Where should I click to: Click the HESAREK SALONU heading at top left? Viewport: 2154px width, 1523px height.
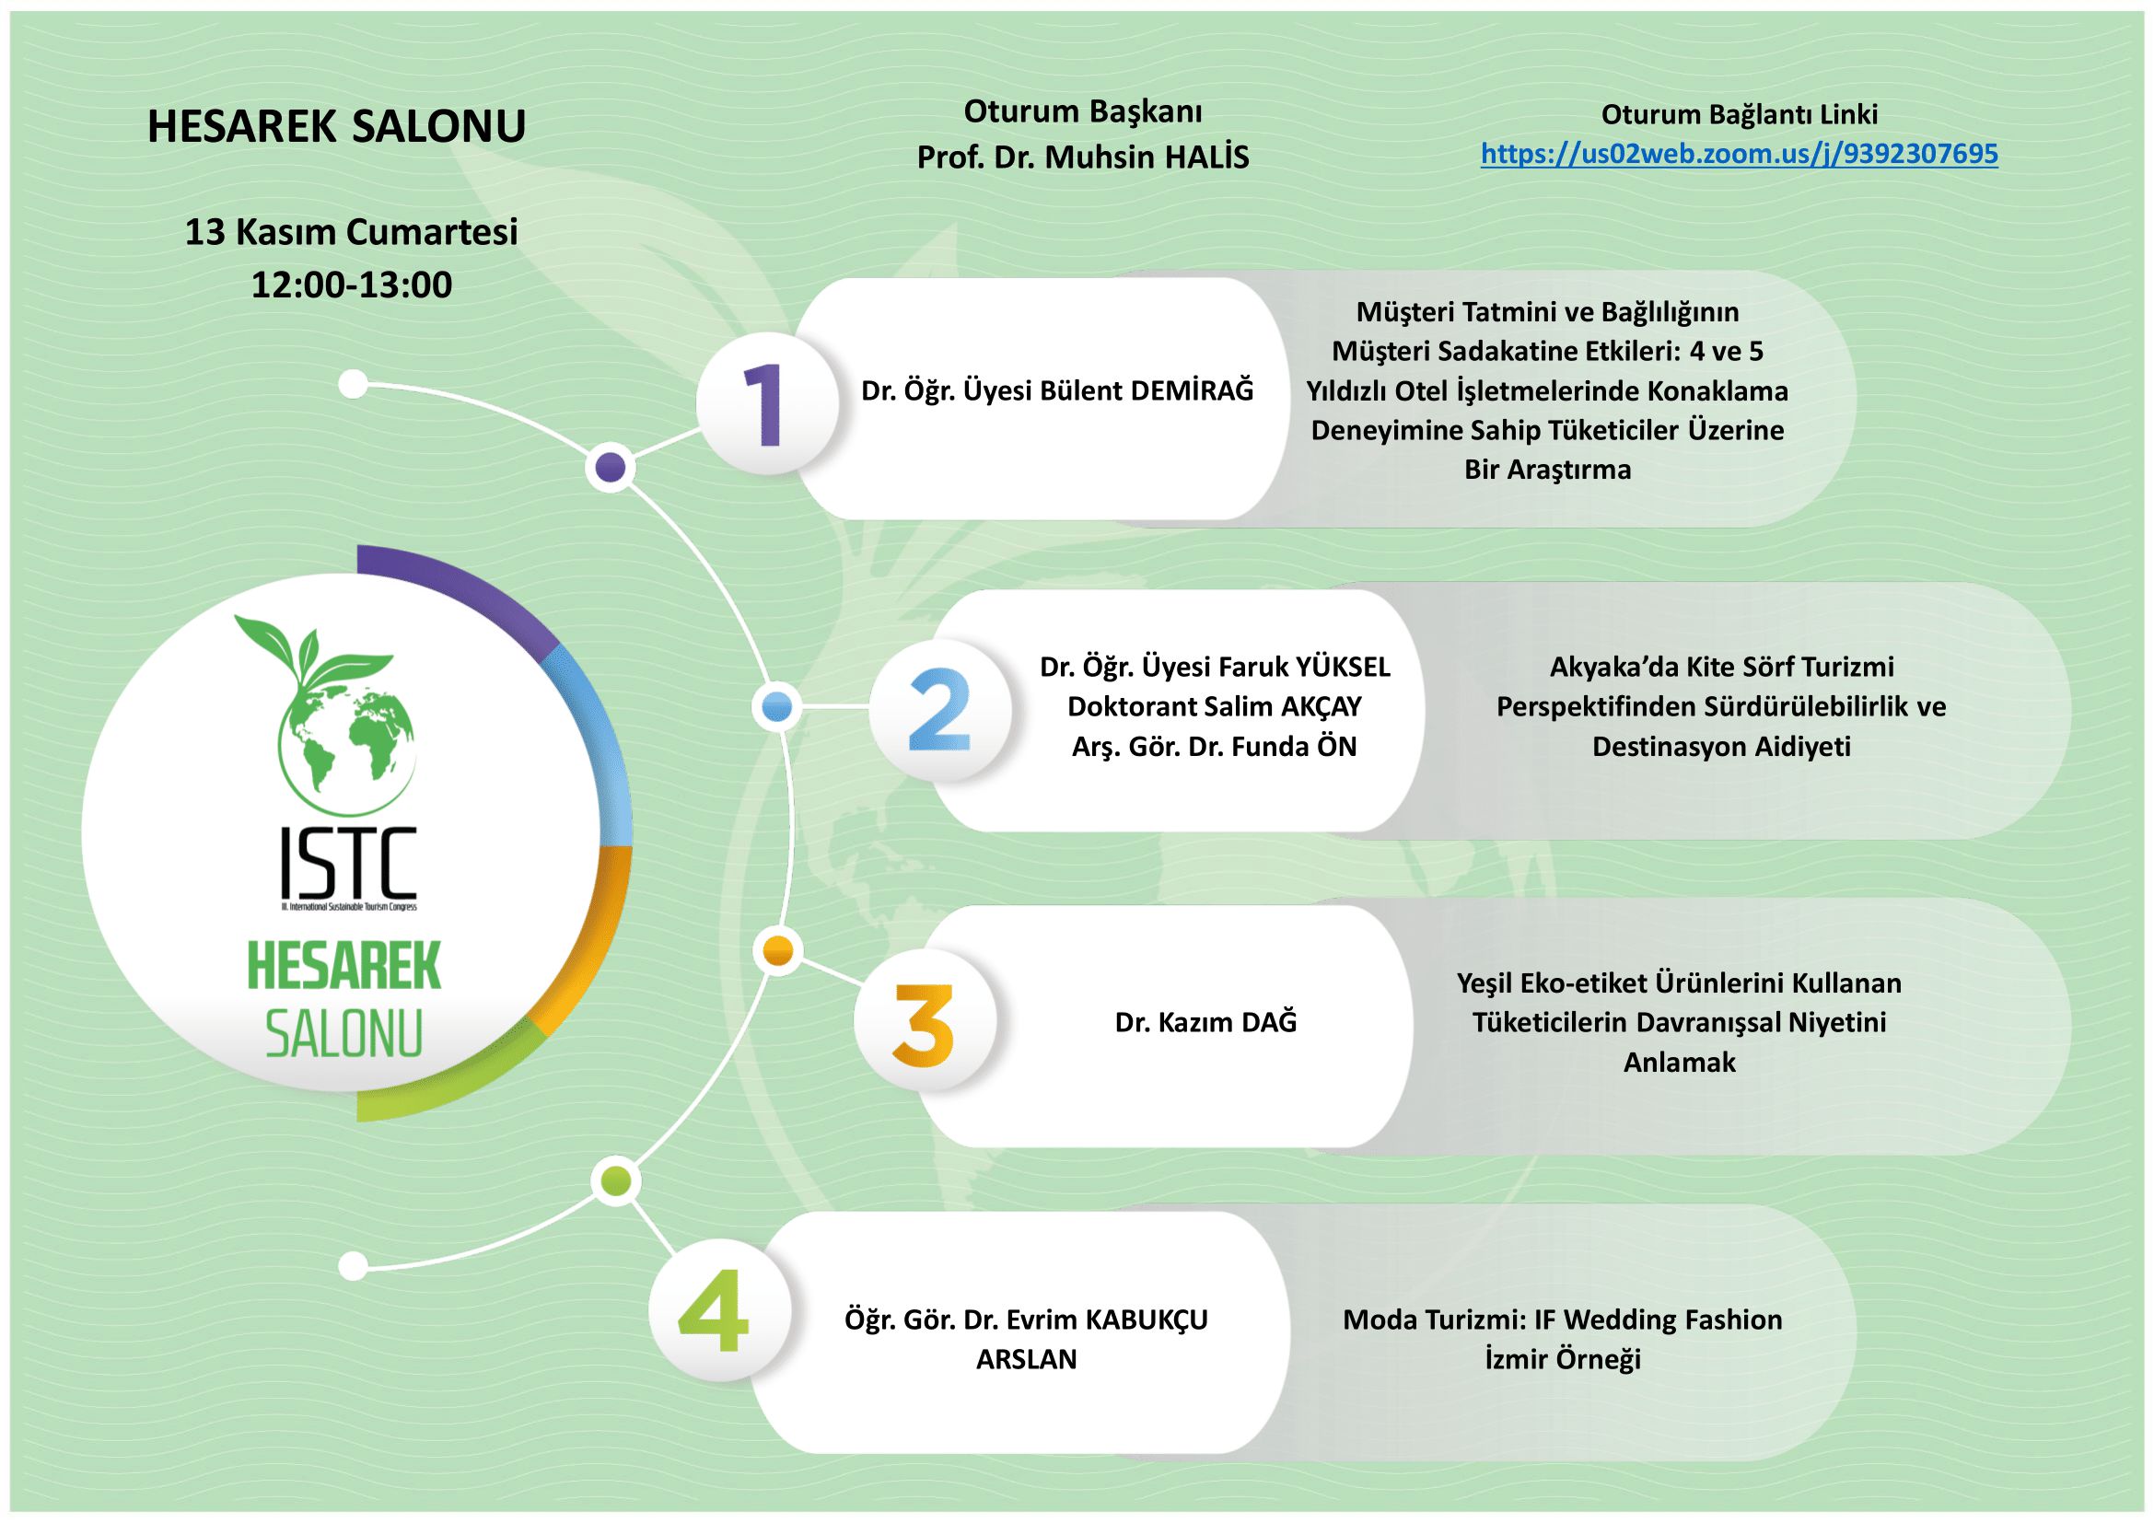(336, 126)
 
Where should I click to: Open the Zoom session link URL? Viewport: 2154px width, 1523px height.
(1739, 154)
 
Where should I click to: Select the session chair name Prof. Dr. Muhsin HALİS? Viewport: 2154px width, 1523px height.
(1083, 157)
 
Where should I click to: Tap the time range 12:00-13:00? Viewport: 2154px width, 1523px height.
(351, 285)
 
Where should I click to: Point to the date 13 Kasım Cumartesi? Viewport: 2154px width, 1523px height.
(351, 232)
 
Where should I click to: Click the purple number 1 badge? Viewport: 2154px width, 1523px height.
(768, 403)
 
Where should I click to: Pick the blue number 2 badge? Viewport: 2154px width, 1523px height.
(939, 710)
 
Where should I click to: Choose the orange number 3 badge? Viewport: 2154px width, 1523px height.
(924, 1024)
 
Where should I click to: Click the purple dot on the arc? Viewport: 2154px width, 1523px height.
(611, 466)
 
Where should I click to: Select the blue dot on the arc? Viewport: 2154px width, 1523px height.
(778, 707)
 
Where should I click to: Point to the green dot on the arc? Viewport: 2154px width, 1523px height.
(615, 1180)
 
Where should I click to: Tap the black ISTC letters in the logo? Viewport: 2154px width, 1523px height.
(348, 860)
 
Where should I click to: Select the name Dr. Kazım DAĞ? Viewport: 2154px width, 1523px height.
(1205, 1022)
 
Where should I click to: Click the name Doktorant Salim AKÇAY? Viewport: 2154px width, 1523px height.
(1214, 706)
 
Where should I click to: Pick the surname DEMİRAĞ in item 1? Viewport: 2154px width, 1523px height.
(1192, 391)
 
